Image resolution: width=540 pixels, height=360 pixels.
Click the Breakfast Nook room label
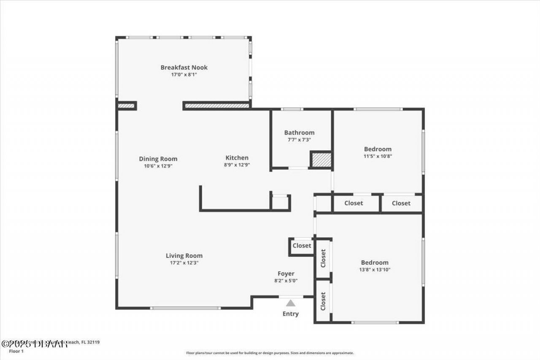tap(184, 68)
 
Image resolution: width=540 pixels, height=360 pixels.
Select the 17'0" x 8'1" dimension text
tap(184, 75)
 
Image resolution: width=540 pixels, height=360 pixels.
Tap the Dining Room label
tap(158, 159)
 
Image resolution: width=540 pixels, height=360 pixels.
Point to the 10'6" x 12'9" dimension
tap(158, 166)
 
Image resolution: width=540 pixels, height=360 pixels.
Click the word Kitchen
tap(236, 158)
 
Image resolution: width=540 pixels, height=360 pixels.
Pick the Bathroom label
tap(299, 133)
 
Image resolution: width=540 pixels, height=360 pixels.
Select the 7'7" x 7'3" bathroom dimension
tap(299, 140)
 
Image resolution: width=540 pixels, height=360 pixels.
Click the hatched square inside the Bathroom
tap(321, 160)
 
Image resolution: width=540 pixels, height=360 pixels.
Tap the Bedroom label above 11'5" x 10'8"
tap(378, 149)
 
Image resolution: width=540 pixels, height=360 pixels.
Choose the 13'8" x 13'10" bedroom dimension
tap(375, 269)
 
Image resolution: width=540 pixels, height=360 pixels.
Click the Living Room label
tap(184, 256)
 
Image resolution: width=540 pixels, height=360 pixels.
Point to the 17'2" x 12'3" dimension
tap(184, 263)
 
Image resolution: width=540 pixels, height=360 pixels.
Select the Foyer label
tap(286, 273)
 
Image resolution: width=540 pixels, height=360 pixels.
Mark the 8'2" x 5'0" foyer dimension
tap(286, 281)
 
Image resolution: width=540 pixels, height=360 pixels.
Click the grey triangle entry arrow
tap(291, 303)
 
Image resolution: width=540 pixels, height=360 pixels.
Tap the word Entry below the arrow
tap(291, 314)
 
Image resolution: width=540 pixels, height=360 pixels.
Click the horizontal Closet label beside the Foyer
tap(302, 246)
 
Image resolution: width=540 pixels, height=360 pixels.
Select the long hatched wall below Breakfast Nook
tap(217, 105)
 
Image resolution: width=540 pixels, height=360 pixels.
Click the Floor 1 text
tap(17, 351)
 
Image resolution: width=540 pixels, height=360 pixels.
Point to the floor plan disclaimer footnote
tap(270, 353)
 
